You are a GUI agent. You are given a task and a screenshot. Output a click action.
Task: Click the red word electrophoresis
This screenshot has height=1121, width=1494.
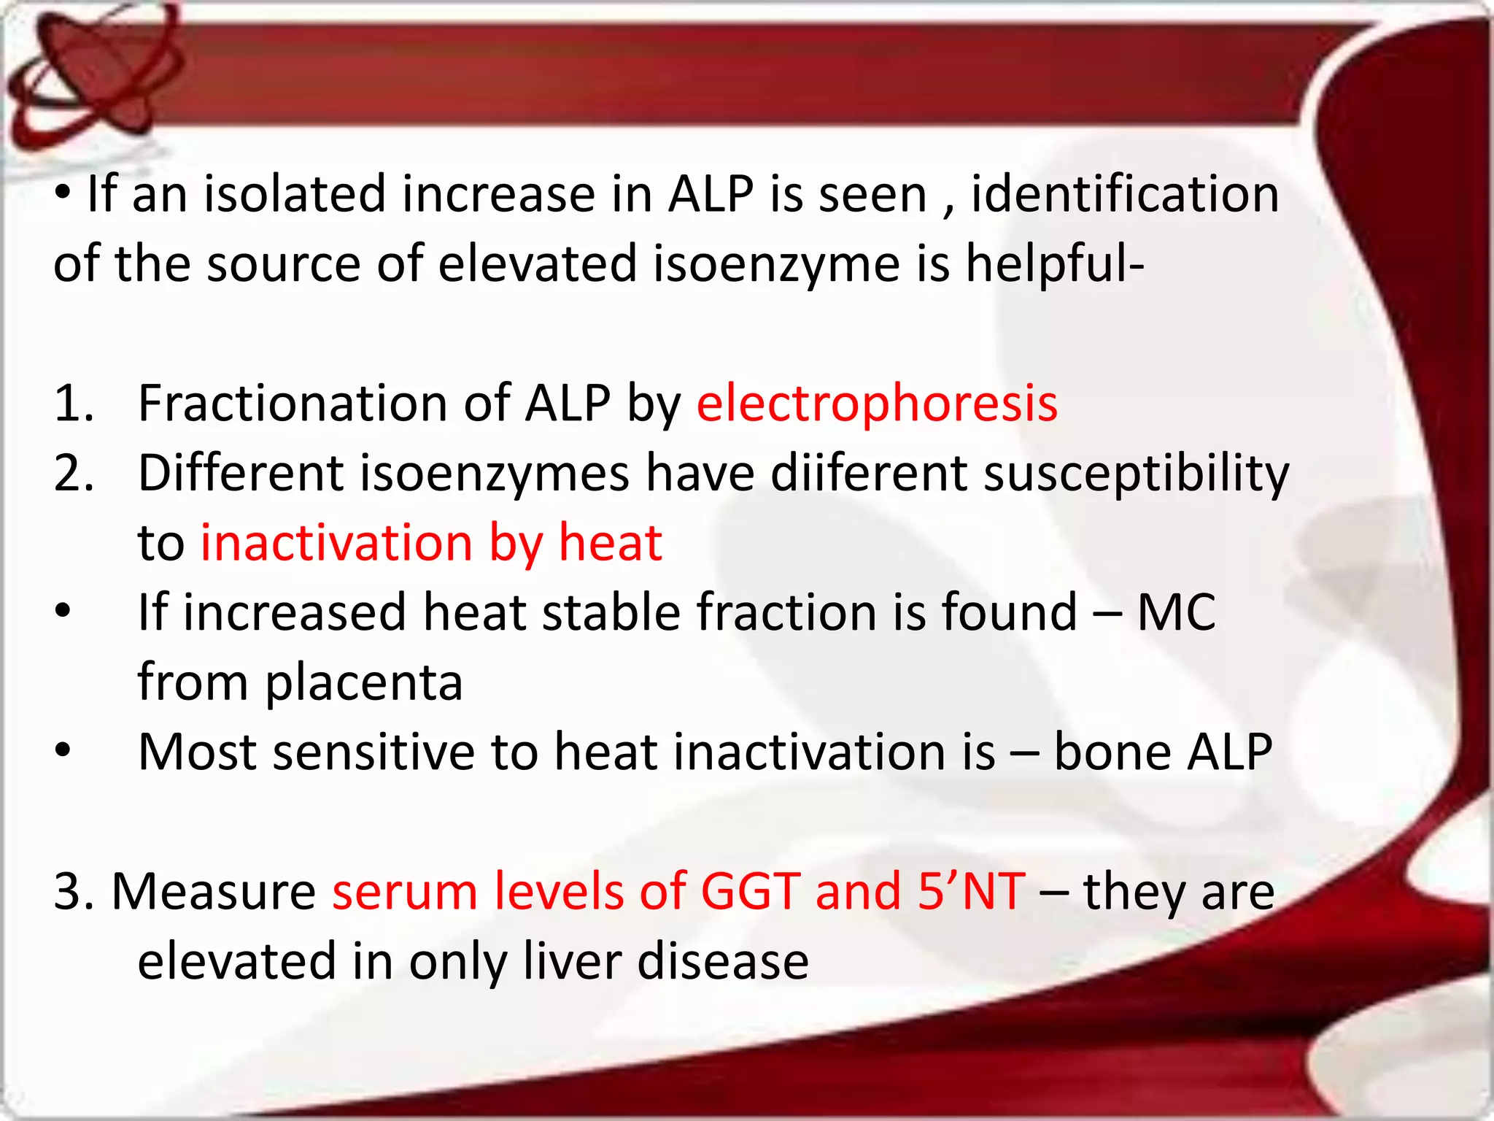click(876, 404)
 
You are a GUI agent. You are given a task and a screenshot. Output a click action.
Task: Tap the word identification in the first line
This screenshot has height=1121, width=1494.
click(1125, 195)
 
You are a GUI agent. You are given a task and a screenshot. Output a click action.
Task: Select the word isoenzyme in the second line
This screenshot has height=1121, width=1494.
click(776, 264)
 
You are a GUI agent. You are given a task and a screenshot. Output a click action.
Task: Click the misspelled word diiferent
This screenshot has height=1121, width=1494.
click(868, 474)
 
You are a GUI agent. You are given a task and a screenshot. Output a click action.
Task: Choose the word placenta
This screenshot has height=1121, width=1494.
click(363, 683)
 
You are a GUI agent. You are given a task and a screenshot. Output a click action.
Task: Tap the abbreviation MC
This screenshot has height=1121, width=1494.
click(1176, 612)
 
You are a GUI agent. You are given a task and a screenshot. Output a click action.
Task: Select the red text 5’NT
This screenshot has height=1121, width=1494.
click(971, 891)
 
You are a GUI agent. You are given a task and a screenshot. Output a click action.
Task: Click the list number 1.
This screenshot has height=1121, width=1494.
click(73, 404)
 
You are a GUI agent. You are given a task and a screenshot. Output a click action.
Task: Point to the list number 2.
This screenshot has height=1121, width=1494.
click(73, 474)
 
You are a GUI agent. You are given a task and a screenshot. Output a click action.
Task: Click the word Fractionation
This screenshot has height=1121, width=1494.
click(293, 404)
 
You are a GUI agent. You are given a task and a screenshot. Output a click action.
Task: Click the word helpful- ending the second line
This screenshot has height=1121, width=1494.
click(1055, 264)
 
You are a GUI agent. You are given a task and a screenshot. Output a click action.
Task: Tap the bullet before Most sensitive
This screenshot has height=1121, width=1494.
click(63, 750)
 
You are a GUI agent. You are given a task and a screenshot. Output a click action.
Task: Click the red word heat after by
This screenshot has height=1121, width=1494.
click(610, 543)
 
